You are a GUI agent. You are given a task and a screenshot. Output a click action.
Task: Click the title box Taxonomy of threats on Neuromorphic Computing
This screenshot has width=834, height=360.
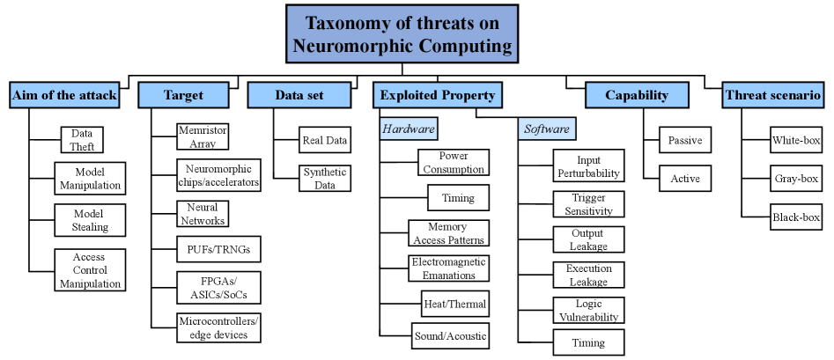402,34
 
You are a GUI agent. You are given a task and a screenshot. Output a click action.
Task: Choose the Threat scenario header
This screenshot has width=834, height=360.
772,95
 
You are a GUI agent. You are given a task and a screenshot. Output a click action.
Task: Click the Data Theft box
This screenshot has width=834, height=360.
83,140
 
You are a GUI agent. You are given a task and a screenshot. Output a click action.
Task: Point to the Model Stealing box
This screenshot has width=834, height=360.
89,220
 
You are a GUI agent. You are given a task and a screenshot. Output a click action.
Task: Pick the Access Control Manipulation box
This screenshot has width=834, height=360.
90,270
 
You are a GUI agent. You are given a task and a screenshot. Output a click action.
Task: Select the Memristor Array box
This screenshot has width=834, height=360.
203,136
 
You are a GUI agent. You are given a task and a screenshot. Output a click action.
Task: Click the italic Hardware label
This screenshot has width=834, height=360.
409,129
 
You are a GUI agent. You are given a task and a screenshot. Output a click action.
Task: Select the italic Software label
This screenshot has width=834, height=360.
547,129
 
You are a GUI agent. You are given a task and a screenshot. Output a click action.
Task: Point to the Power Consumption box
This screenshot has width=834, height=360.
453,163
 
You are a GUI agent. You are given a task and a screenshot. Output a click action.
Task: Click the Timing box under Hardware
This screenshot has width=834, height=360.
457,198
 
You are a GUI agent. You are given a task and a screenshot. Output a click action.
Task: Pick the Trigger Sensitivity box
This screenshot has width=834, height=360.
588,204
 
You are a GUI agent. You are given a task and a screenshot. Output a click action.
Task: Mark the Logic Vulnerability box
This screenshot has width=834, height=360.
588,310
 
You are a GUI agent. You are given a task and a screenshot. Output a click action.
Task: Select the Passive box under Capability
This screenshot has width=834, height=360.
684,140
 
